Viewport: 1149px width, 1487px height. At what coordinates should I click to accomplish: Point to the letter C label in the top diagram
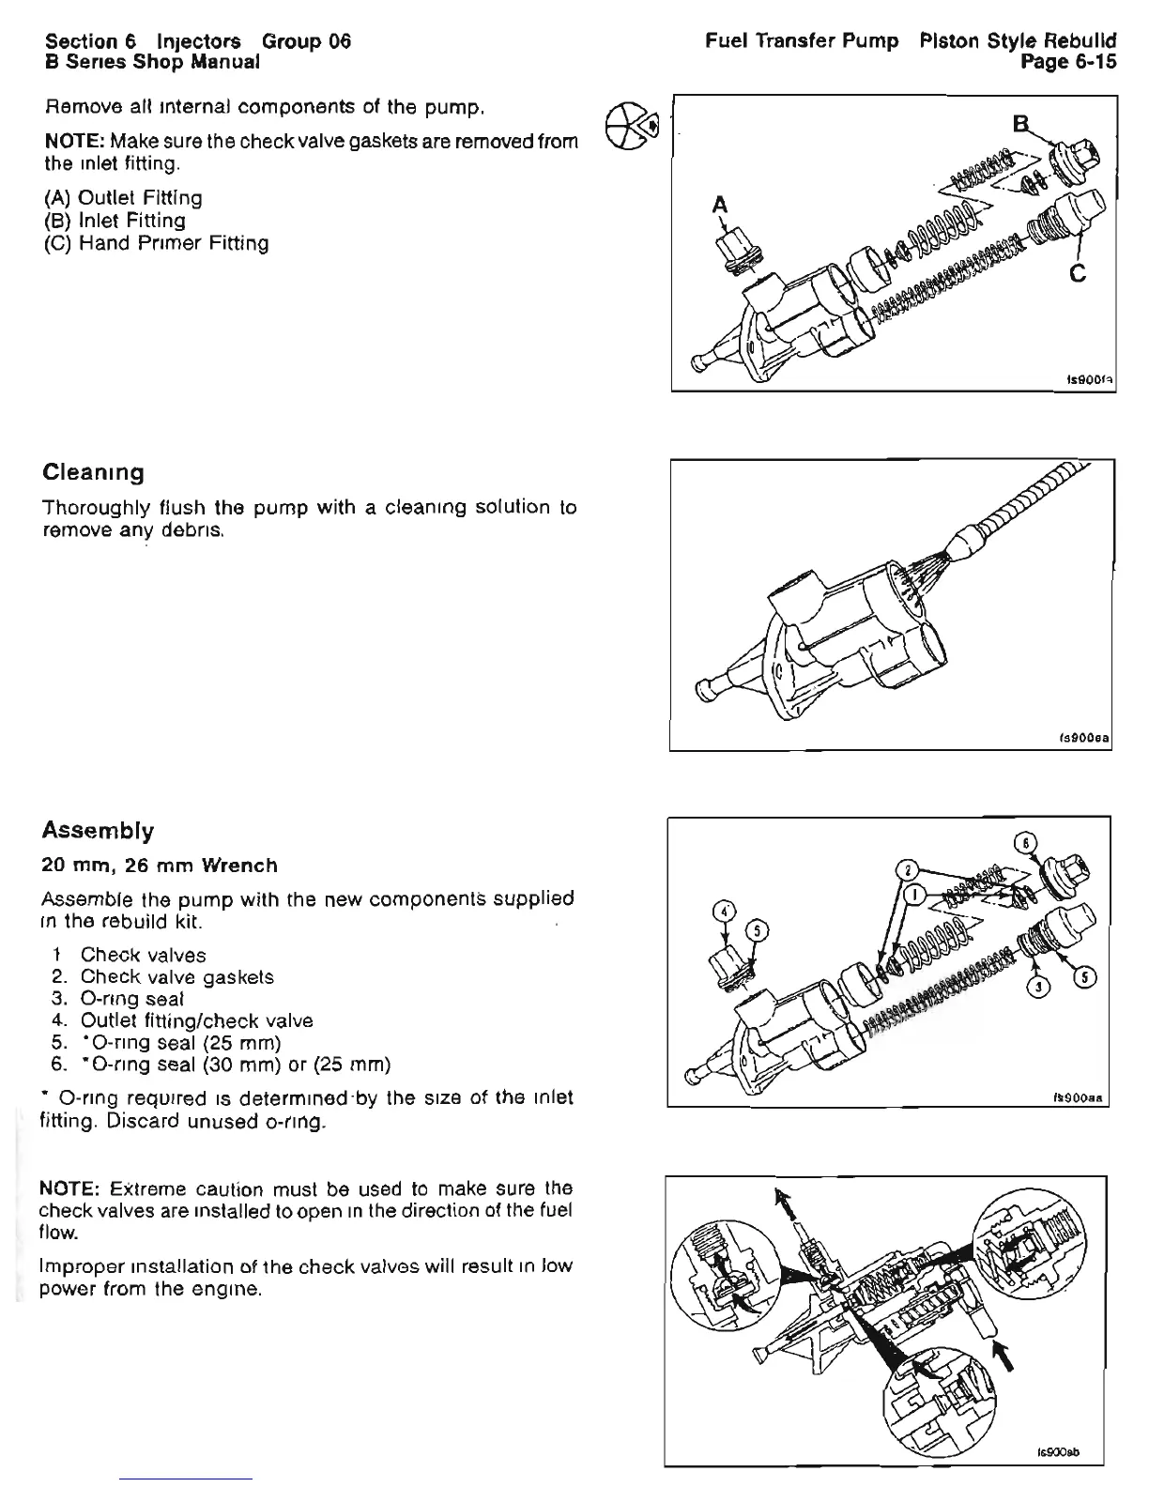point(1078,273)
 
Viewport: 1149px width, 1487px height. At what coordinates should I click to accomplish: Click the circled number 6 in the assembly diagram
point(1029,842)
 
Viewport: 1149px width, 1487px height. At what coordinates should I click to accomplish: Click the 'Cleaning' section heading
point(94,472)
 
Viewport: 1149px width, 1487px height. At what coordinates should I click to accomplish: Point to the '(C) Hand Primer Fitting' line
point(156,243)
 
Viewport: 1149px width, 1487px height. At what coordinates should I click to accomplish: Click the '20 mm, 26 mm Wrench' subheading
point(160,865)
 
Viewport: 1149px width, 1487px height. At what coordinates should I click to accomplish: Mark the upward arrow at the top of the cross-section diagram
point(779,1201)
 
